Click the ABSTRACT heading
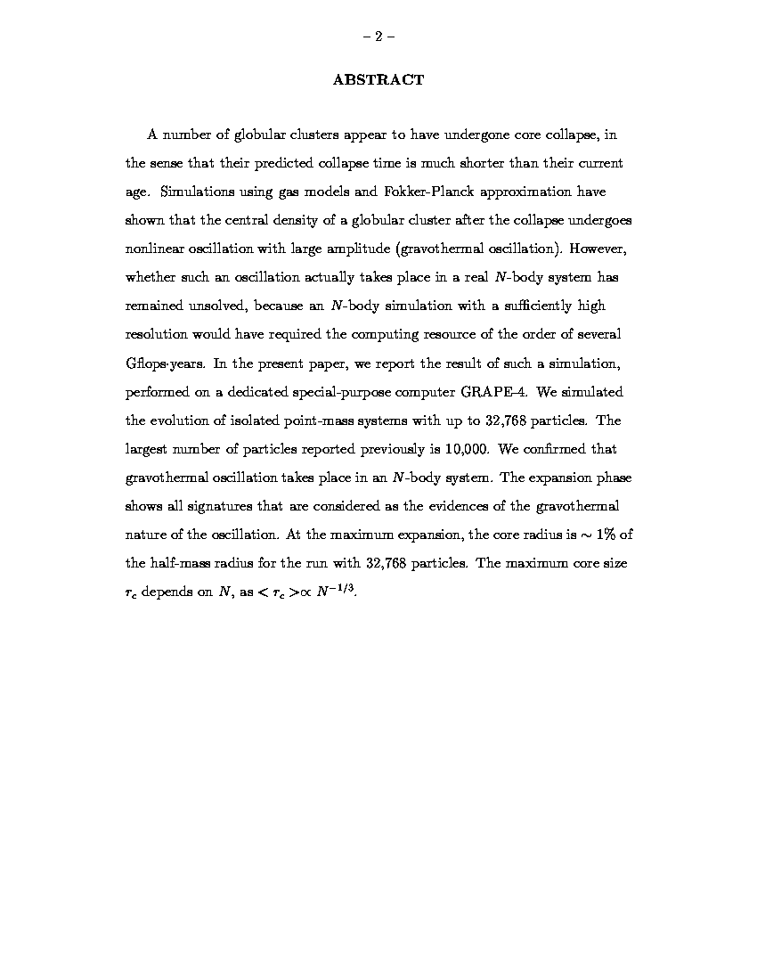(x=378, y=80)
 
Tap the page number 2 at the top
(x=378, y=37)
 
